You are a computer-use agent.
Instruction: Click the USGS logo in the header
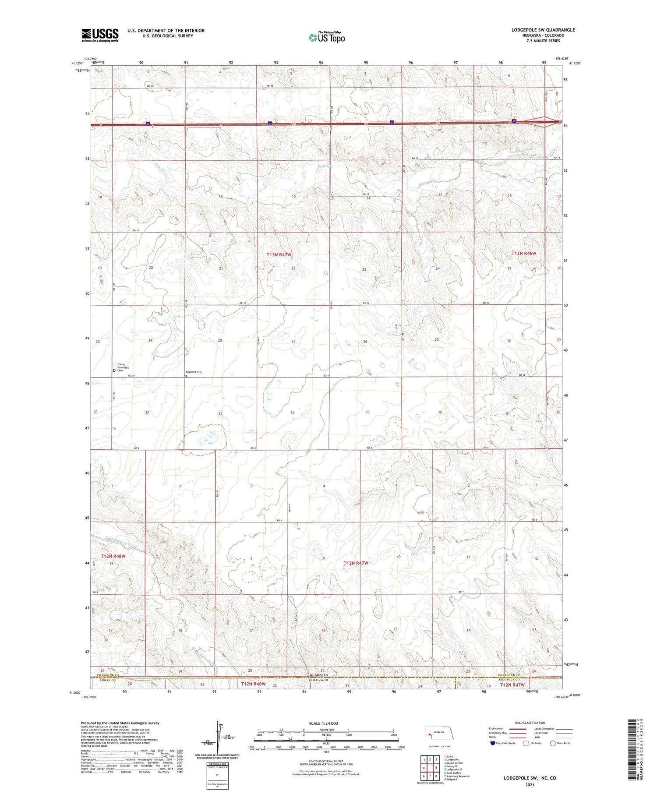point(100,35)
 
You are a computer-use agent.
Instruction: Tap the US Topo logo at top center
point(327,38)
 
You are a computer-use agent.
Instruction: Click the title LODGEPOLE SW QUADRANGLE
point(543,30)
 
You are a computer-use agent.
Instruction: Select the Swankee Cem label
point(194,372)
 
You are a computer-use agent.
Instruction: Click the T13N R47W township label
point(279,254)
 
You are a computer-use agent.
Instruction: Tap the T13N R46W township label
point(523,254)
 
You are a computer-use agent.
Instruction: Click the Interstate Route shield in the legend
point(492,743)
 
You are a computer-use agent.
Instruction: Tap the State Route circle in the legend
point(553,743)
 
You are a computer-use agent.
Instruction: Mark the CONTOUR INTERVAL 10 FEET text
point(326,762)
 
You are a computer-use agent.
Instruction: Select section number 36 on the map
point(440,412)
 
